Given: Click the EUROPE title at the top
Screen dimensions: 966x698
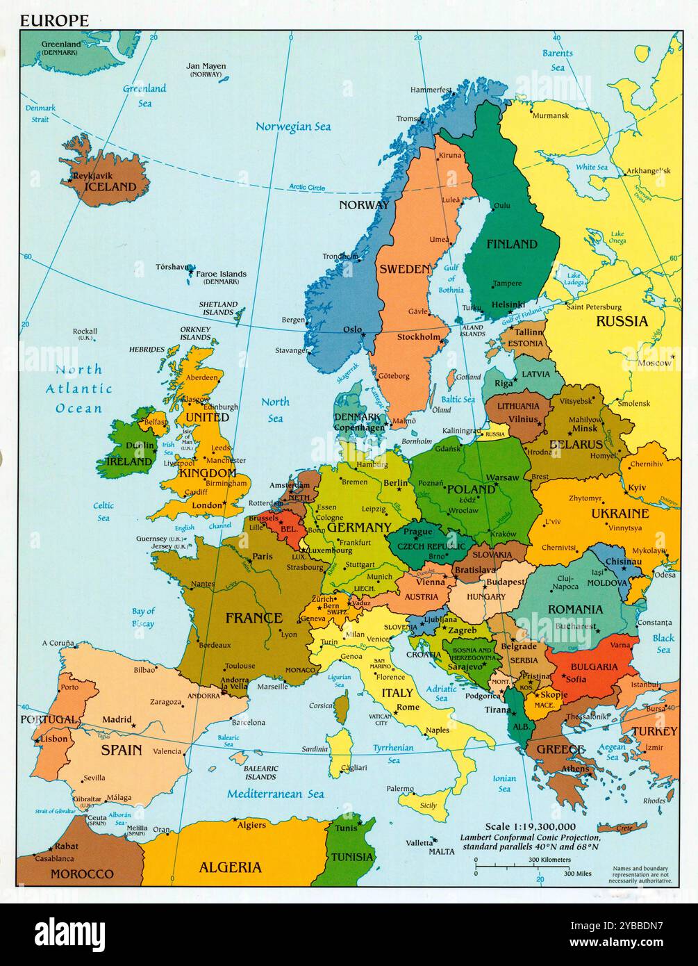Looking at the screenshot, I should point(54,21).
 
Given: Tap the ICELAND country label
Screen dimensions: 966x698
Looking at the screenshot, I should point(110,186).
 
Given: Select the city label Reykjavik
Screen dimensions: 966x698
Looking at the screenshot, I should point(95,176).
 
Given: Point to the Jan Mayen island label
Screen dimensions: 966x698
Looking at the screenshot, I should point(206,67).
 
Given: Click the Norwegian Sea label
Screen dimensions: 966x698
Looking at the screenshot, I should point(293,126).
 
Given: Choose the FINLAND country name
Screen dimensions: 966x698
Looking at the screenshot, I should point(512,244).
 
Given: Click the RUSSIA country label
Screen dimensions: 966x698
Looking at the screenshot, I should point(622,321).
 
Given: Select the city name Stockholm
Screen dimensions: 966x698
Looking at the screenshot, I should point(419,337).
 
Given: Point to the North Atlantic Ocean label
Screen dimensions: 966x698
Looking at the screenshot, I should point(79,389).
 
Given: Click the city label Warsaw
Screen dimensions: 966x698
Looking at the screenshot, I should point(502,477).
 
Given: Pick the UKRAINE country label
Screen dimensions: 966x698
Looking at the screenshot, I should point(620,514).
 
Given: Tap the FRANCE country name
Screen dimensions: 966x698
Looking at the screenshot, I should point(254,617).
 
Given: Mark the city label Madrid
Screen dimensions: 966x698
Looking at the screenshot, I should point(117,720).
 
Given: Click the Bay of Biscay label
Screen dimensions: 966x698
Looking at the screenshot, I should point(143,617).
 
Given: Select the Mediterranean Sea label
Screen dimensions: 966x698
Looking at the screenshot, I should point(275,794).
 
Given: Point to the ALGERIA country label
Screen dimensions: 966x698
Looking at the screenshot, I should point(231,867).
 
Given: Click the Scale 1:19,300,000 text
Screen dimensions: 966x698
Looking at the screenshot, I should point(530,826).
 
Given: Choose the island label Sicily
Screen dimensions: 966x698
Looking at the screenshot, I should point(429,805).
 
